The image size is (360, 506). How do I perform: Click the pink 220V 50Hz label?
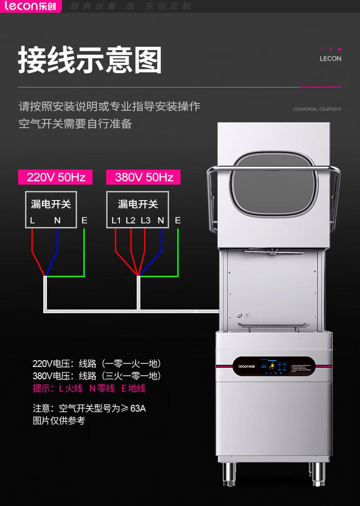pos(55,177)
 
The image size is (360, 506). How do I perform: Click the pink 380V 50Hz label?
pos(143,177)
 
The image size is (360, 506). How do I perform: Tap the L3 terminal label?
pos(145,221)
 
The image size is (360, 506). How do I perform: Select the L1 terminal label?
pos(116,221)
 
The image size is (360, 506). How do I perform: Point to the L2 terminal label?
pos(131,221)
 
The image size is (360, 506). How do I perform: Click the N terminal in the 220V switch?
pos(57,221)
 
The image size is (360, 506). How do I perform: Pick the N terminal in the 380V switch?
pos(161,221)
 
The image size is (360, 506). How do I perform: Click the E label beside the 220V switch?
pos(84,221)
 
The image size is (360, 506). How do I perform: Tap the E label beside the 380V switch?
pos(178,221)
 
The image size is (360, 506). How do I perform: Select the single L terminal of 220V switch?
pos(32,221)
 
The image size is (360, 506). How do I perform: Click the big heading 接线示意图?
pos(90,60)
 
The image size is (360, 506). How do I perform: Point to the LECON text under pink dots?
pos(330,59)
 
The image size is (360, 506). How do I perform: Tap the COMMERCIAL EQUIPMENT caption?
pos(317,109)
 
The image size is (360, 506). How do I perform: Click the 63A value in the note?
pos(138,408)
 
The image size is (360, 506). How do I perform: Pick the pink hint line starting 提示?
pos(89,388)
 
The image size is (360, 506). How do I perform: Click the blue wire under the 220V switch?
pos(56,251)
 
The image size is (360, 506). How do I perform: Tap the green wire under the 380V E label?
pos(178,251)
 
